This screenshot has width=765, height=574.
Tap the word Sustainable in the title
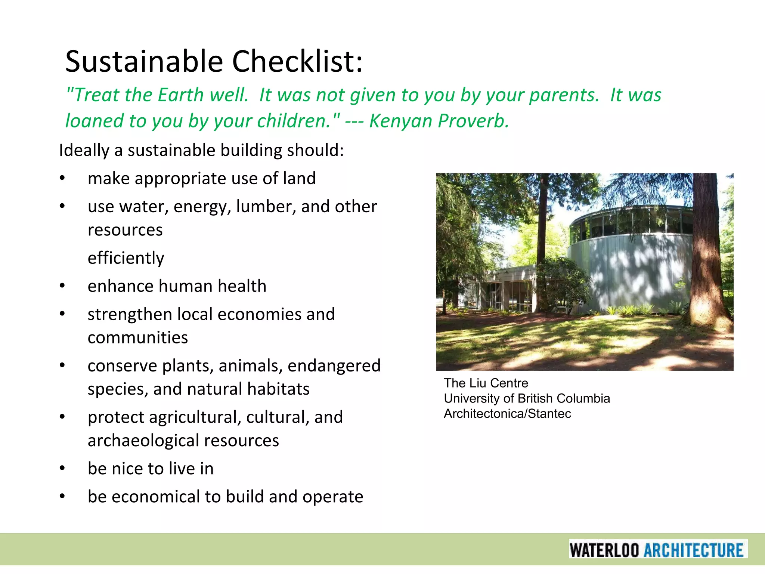point(144,61)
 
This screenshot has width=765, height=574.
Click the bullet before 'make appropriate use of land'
point(62,179)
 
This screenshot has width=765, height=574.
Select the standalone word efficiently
point(126,258)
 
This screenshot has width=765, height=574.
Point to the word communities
point(138,337)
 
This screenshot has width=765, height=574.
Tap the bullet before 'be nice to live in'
point(62,469)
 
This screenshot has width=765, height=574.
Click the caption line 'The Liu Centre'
point(486,383)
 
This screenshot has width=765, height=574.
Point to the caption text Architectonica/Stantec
point(507,414)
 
